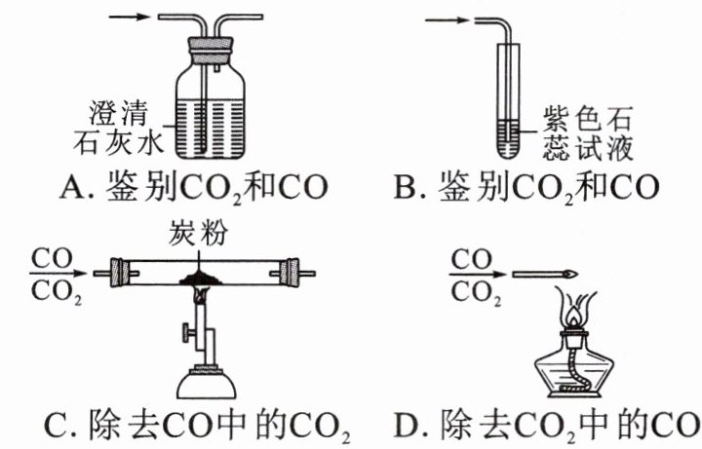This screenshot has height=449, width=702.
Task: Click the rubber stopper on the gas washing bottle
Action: pos(211,47)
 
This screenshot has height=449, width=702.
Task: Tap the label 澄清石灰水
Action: pos(119,128)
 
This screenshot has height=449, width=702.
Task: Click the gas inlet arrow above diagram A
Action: pos(129,17)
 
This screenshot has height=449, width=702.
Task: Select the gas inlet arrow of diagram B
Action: pos(447,20)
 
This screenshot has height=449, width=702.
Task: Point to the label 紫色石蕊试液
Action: pos(588,132)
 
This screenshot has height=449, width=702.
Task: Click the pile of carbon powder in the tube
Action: pos(198,279)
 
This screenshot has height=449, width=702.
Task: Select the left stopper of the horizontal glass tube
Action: pos(120,273)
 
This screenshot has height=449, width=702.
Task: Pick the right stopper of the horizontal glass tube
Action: pos(289,273)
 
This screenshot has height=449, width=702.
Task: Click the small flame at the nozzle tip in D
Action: pos(571,274)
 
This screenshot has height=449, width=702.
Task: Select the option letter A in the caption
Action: pos(70,187)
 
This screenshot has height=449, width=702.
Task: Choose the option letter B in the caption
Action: pos(404,187)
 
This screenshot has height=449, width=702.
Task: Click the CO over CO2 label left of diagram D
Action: pos(476,276)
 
